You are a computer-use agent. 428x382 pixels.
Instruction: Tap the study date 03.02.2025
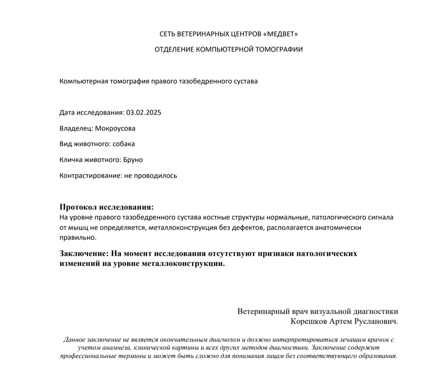(x=144, y=113)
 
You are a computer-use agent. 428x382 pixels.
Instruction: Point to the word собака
(x=124, y=144)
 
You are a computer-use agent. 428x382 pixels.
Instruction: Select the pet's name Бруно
(x=133, y=160)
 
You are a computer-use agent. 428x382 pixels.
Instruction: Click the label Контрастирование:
(x=88, y=175)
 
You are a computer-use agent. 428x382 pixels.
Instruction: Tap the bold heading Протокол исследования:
(x=106, y=207)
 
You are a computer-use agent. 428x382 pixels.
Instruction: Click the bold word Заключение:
(x=84, y=253)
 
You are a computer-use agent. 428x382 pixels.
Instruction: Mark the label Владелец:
(x=76, y=129)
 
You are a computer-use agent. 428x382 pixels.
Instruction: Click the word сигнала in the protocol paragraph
(x=380, y=217)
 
